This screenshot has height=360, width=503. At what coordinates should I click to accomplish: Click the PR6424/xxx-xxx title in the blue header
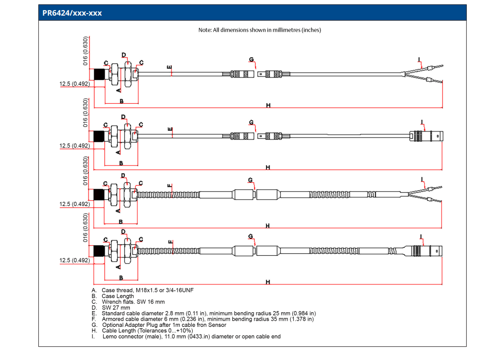[72, 13]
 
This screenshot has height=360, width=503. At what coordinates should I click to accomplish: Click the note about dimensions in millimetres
[260, 30]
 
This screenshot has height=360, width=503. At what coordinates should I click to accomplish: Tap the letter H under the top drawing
[268, 105]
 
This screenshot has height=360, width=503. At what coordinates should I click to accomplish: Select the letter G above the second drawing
[251, 122]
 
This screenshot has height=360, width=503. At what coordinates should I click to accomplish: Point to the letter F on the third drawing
[170, 186]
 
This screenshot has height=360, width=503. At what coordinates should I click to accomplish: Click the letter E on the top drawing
[170, 67]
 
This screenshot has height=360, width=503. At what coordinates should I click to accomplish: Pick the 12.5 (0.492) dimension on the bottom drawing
[74, 260]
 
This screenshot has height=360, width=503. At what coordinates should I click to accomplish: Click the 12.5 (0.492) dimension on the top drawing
[74, 84]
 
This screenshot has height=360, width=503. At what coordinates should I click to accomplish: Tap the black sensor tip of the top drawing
[99, 75]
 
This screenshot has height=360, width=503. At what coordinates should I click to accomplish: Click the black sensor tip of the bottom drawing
[99, 251]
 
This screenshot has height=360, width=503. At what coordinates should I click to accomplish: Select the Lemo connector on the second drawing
[427, 136]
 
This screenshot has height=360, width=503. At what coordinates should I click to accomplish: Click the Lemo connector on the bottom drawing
[423, 251]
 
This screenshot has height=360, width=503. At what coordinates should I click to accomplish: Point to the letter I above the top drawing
[419, 59]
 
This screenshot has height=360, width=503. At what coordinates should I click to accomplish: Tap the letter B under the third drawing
[121, 222]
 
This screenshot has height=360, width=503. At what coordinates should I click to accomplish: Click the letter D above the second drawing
[124, 117]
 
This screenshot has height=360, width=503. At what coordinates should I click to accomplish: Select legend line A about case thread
[143, 291]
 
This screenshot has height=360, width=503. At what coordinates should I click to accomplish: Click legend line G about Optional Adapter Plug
[159, 325]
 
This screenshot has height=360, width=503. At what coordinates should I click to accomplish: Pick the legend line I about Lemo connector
[186, 336]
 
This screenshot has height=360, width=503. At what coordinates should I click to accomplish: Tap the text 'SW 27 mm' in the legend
[116, 308]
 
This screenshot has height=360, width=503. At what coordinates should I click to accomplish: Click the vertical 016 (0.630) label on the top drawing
[86, 51]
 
